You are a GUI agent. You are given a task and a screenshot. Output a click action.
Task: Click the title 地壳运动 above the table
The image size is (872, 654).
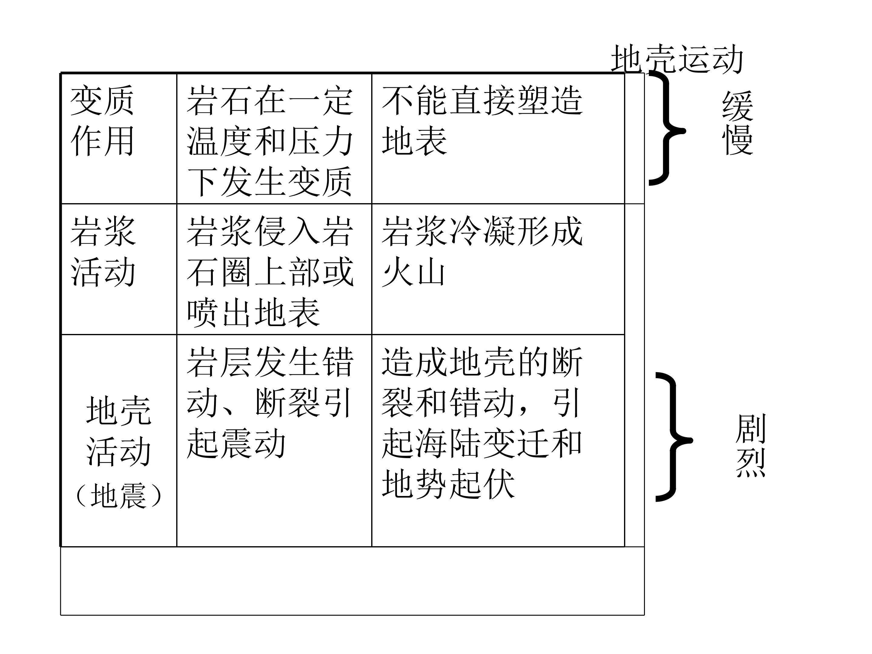point(677,59)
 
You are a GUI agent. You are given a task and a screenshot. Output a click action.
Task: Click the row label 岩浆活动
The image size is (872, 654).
point(103,251)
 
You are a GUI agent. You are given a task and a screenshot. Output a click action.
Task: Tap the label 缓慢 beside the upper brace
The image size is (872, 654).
point(738,123)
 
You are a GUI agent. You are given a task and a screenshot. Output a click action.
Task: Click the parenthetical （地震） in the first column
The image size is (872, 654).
point(118,496)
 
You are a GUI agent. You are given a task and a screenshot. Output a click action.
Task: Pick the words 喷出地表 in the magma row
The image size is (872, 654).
point(253,312)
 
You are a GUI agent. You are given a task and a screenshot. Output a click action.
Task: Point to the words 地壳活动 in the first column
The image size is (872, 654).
point(118,431)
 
